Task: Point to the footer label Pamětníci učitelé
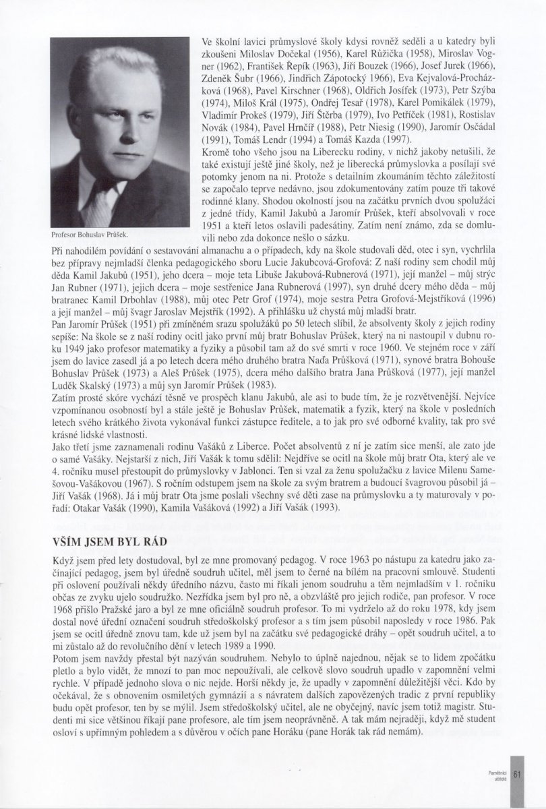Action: pyautogui.click(x=499, y=774)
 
